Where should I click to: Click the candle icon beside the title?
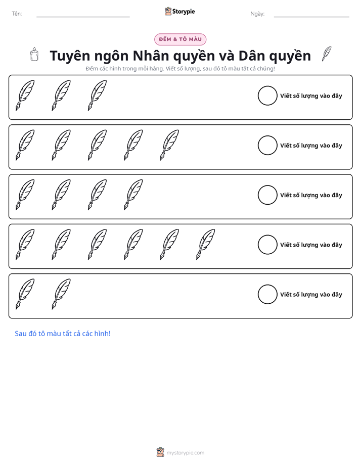34,54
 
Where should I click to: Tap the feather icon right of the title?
327,54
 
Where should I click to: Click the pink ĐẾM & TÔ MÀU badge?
180,39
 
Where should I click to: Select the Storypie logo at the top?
179,11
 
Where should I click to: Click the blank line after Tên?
83,17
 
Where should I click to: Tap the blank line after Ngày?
311,17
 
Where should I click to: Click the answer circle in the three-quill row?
267,96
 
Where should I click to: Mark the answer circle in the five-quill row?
267,146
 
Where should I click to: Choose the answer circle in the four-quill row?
267,195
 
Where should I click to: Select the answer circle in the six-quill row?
267,245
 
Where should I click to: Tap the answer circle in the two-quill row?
267,294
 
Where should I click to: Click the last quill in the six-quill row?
205,244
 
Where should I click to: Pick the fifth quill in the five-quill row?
169,145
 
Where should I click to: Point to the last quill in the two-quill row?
61,294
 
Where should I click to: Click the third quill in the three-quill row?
97,96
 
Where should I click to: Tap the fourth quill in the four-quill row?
133,195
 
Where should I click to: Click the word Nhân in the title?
152,56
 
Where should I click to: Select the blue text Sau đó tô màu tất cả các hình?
63,334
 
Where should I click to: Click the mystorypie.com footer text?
185,453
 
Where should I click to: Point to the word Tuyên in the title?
70,56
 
